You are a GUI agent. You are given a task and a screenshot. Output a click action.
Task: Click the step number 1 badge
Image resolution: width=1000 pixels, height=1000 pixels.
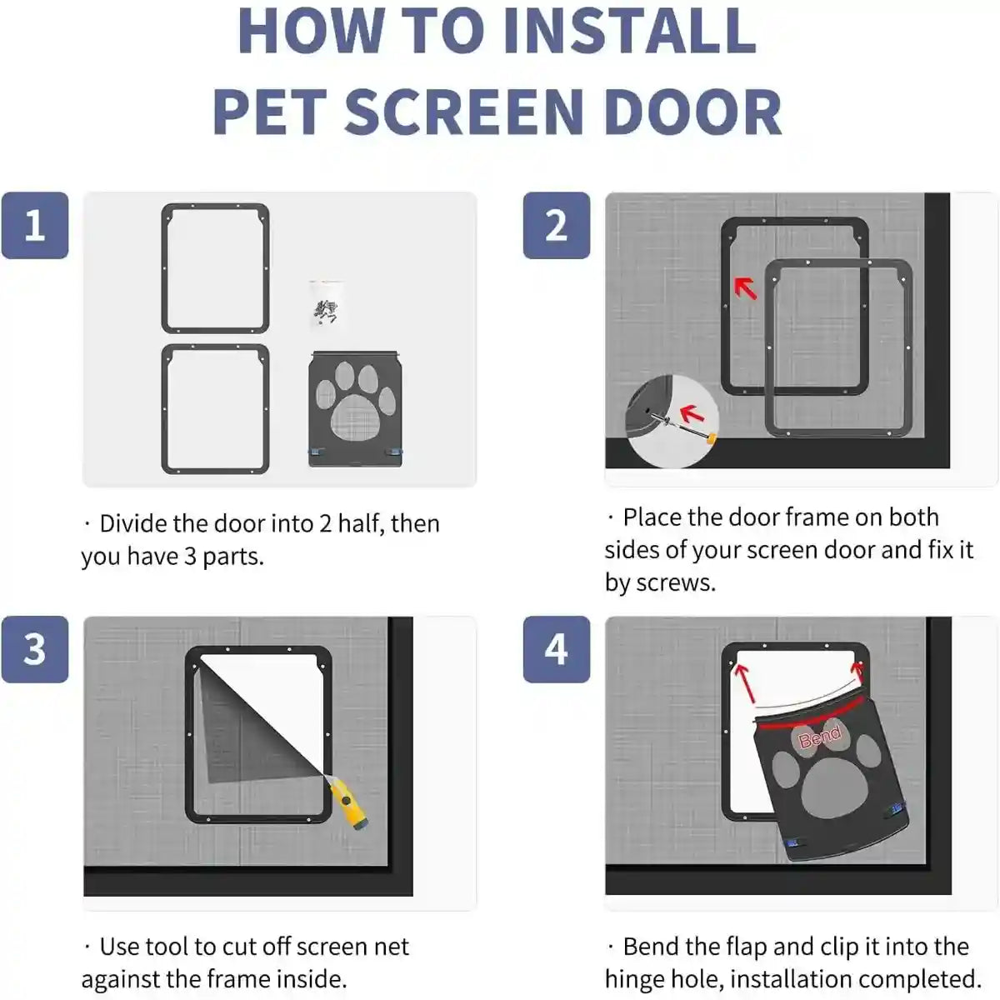[x=35, y=226]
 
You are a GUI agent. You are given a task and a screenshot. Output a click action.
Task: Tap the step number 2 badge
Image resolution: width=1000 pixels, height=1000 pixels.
[x=556, y=226]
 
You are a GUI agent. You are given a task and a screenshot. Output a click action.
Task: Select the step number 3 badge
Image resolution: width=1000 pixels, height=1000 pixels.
[x=35, y=649]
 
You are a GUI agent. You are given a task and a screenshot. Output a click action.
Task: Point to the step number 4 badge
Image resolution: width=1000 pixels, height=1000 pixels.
[x=556, y=649]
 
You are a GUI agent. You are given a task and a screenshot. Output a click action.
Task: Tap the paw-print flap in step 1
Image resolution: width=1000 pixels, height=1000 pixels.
[x=357, y=408]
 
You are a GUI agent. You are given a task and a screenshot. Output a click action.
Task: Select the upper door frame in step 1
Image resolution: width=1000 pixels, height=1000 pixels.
[x=215, y=268]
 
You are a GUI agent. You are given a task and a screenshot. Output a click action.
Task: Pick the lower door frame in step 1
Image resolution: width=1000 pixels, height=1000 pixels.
[x=215, y=408]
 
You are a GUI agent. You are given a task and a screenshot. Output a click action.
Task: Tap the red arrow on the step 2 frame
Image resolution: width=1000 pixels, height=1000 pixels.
[x=745, y=288]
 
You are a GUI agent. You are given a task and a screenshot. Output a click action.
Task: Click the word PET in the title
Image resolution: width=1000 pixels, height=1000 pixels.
[x=271, y=112]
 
